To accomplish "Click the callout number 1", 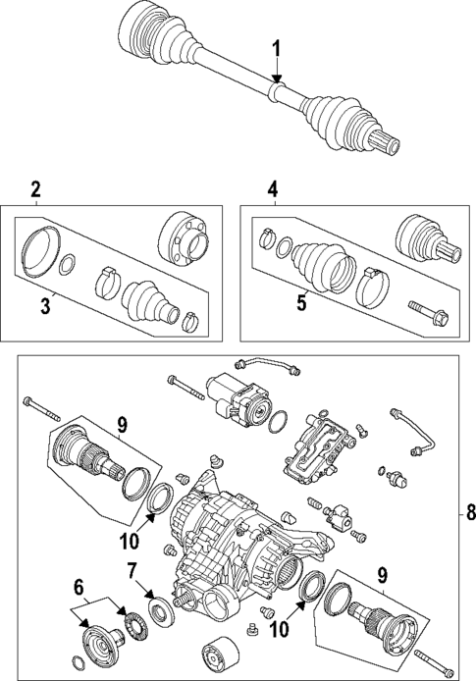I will click(277, 48).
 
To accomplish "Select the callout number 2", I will click(35, 190).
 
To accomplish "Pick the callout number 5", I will click(302, 303).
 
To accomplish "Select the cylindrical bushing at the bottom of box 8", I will click(217, 655).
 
